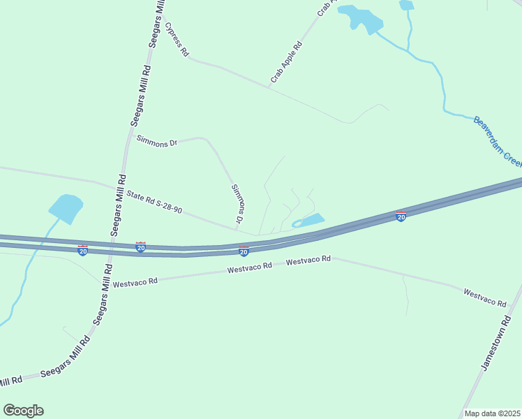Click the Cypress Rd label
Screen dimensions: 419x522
coord(177,39)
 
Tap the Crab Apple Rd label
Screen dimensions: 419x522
coord(286,62)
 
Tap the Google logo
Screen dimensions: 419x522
coord(23,411)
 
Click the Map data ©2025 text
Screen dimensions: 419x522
coord(492,413)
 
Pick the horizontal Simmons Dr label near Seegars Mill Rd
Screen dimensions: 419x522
coord(156,141)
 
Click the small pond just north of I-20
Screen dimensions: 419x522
coord(310,221)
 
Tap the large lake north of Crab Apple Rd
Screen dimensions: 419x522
coord(359,19)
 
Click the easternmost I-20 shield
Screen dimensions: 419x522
coord(401,216)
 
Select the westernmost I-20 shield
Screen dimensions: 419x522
coord(82,250)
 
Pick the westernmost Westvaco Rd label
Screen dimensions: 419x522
coord(135,283)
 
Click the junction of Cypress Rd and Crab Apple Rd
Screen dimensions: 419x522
coord(270,87)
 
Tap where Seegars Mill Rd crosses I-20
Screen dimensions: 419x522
coord(116,244)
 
